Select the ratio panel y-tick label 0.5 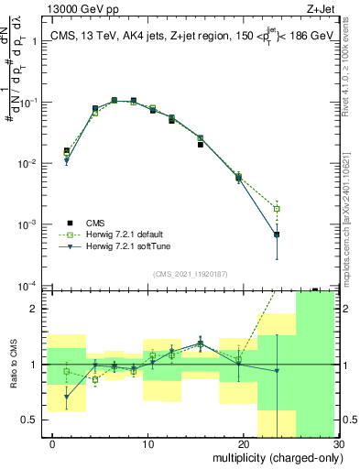tap(30, 420)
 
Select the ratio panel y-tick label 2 tap(35, 310)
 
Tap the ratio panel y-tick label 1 tap(35, 365)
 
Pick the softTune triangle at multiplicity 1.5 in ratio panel tap(66, 397)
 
